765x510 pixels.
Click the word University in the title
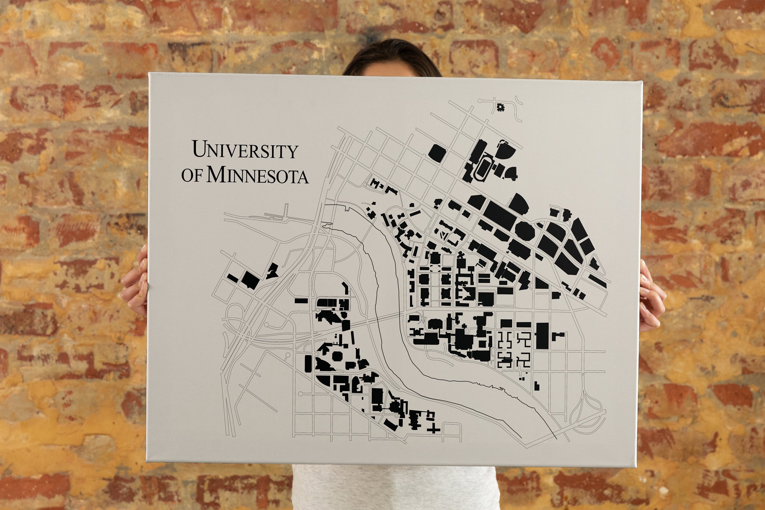pos(246,150)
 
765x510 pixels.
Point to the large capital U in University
pos(199,149)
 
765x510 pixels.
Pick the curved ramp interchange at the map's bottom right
pos(590,413)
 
